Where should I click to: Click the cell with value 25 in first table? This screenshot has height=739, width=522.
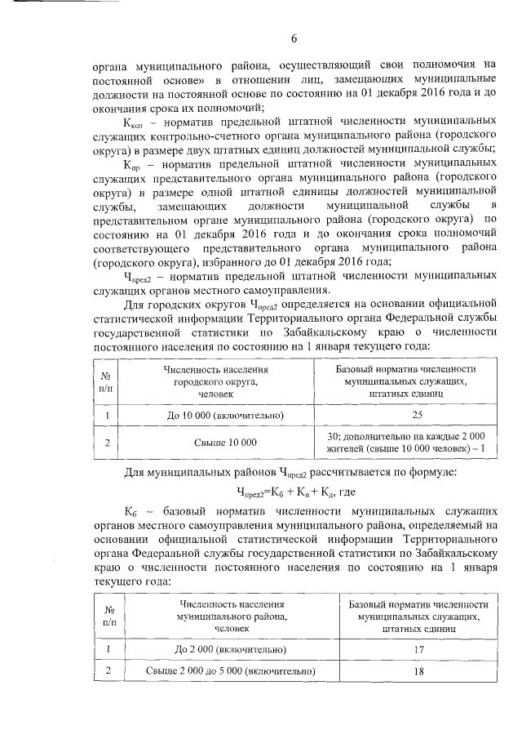click(405, 415)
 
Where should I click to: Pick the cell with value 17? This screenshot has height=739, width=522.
click(418, 649)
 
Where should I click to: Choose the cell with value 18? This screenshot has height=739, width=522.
click(418, 671)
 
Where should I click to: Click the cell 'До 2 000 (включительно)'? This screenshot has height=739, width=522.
click(231, 649)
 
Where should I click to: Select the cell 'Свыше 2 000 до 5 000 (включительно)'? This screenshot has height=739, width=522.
click(231, 671)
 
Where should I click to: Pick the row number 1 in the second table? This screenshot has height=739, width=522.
click(109, 649)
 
